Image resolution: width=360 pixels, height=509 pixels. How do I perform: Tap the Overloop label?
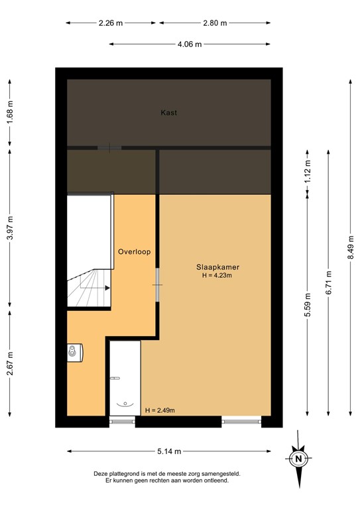click(135, 252)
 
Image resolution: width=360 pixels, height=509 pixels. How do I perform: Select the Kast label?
click(168, 113)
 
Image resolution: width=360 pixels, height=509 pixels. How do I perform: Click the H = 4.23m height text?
click(217, 276)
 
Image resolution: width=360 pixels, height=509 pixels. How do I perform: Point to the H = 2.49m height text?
click(160, 410)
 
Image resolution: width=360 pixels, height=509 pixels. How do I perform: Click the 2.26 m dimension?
click(110, 23)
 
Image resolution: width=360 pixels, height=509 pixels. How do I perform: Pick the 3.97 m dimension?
click(9, 229)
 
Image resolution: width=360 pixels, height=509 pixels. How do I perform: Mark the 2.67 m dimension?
click(9, 363)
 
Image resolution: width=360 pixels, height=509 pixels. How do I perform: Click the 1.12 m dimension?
click(307, 174)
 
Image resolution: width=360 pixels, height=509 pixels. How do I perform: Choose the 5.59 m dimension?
click(307, 306)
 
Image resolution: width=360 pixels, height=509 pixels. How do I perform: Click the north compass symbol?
click(299, 457)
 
